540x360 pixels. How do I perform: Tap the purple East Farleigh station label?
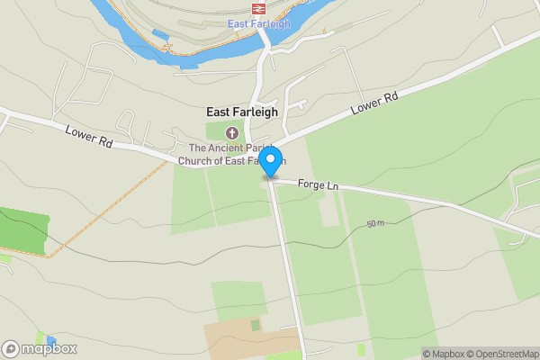coord(259,23)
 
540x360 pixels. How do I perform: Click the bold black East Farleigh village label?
coord(242,112)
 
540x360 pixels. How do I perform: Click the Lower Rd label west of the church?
coord(87,136)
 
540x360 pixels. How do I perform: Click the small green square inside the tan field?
coord(255,325)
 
